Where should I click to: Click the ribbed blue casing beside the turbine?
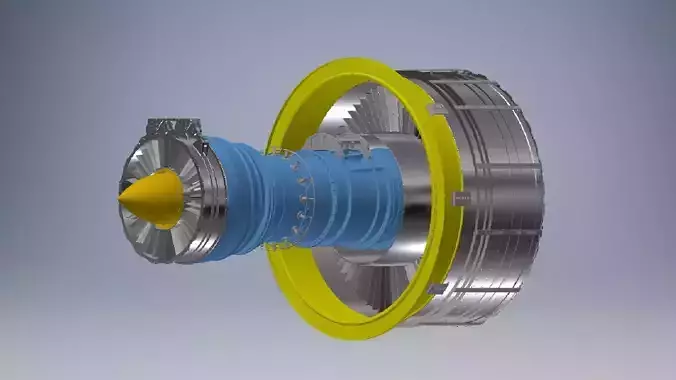240,195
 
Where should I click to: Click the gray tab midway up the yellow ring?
461,198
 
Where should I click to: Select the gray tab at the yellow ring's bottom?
436,289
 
